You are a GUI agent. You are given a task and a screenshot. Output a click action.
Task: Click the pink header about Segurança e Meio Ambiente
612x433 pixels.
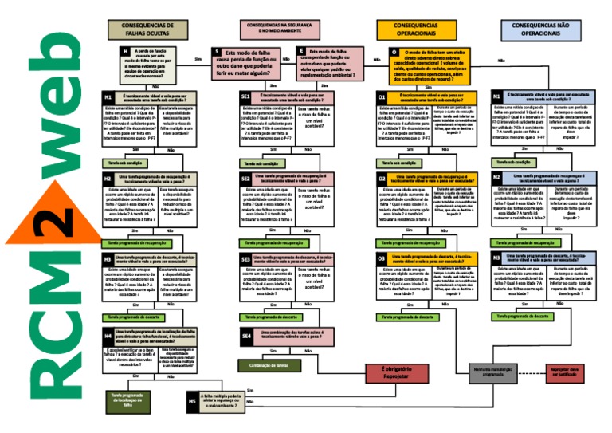point(275,30)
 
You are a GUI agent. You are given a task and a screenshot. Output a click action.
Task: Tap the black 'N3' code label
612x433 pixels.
point(496,258)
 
